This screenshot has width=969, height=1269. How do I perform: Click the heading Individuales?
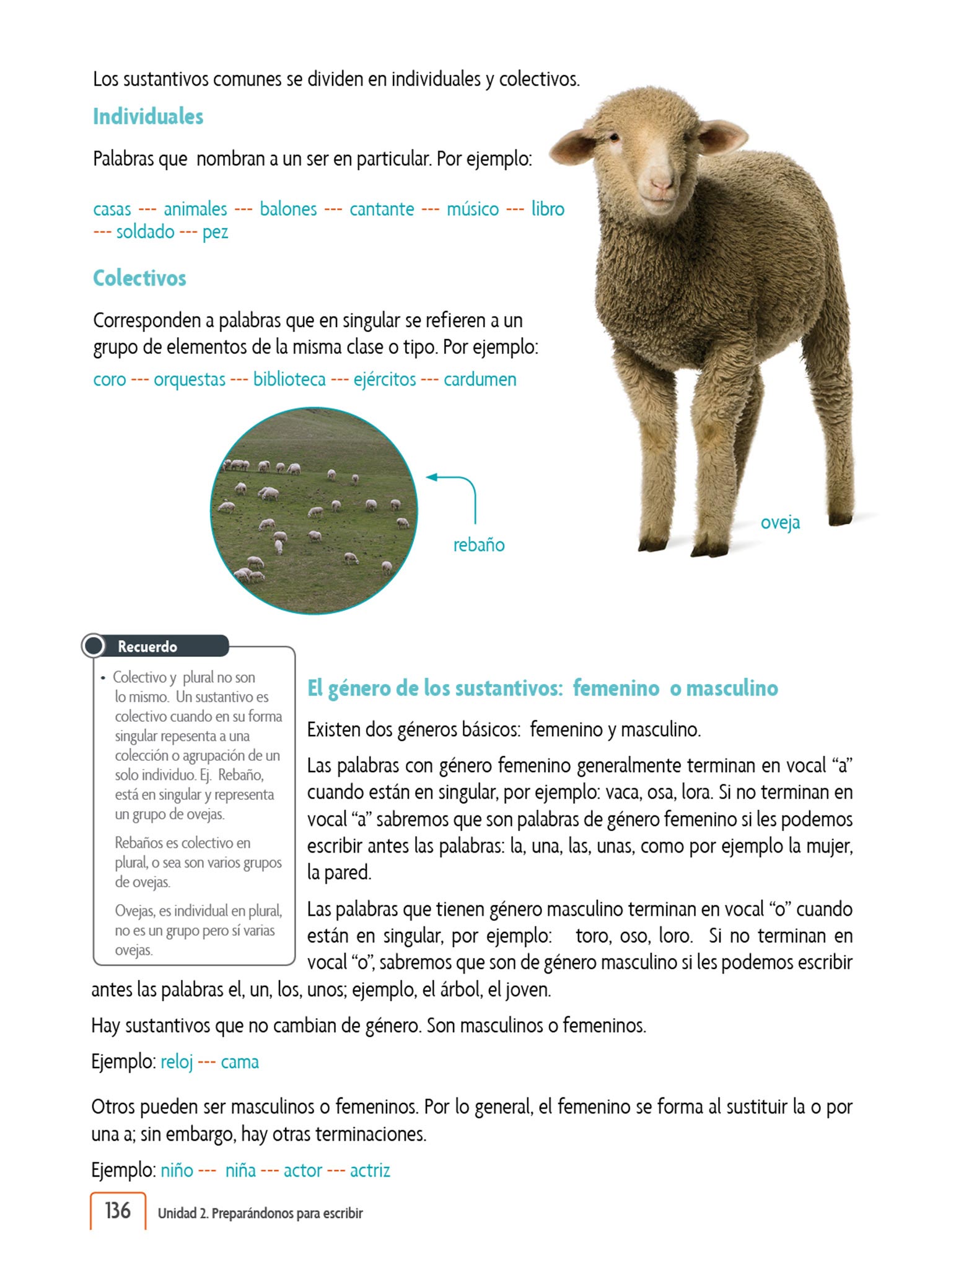[x=148, y=116]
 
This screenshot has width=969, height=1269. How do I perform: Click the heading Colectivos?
[x=139, y=278]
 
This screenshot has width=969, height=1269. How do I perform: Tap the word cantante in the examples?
[x=382, y=209]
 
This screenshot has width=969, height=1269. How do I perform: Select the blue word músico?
[x=473, y=209]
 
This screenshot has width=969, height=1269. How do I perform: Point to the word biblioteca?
[x=289, y=379]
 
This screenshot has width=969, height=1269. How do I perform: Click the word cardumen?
[x=480, y=379]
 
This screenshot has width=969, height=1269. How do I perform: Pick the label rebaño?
[x=479, y=545]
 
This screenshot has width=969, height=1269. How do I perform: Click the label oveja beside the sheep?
[x=780, y=523]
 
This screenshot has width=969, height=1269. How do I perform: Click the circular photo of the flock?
[x=314, y=511]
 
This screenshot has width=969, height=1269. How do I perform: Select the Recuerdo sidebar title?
[x=147, y=647]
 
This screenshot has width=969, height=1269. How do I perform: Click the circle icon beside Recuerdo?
[x=94, y=646]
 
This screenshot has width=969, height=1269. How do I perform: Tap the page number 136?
[x=118, y=1211]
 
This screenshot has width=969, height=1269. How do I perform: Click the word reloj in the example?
[x=177, y=1062]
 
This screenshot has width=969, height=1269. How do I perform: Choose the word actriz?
[x=370, y=1170]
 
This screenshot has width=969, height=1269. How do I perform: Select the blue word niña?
[x=240, y=1170]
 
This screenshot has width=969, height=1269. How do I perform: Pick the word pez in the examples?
[x=215, y=232]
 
